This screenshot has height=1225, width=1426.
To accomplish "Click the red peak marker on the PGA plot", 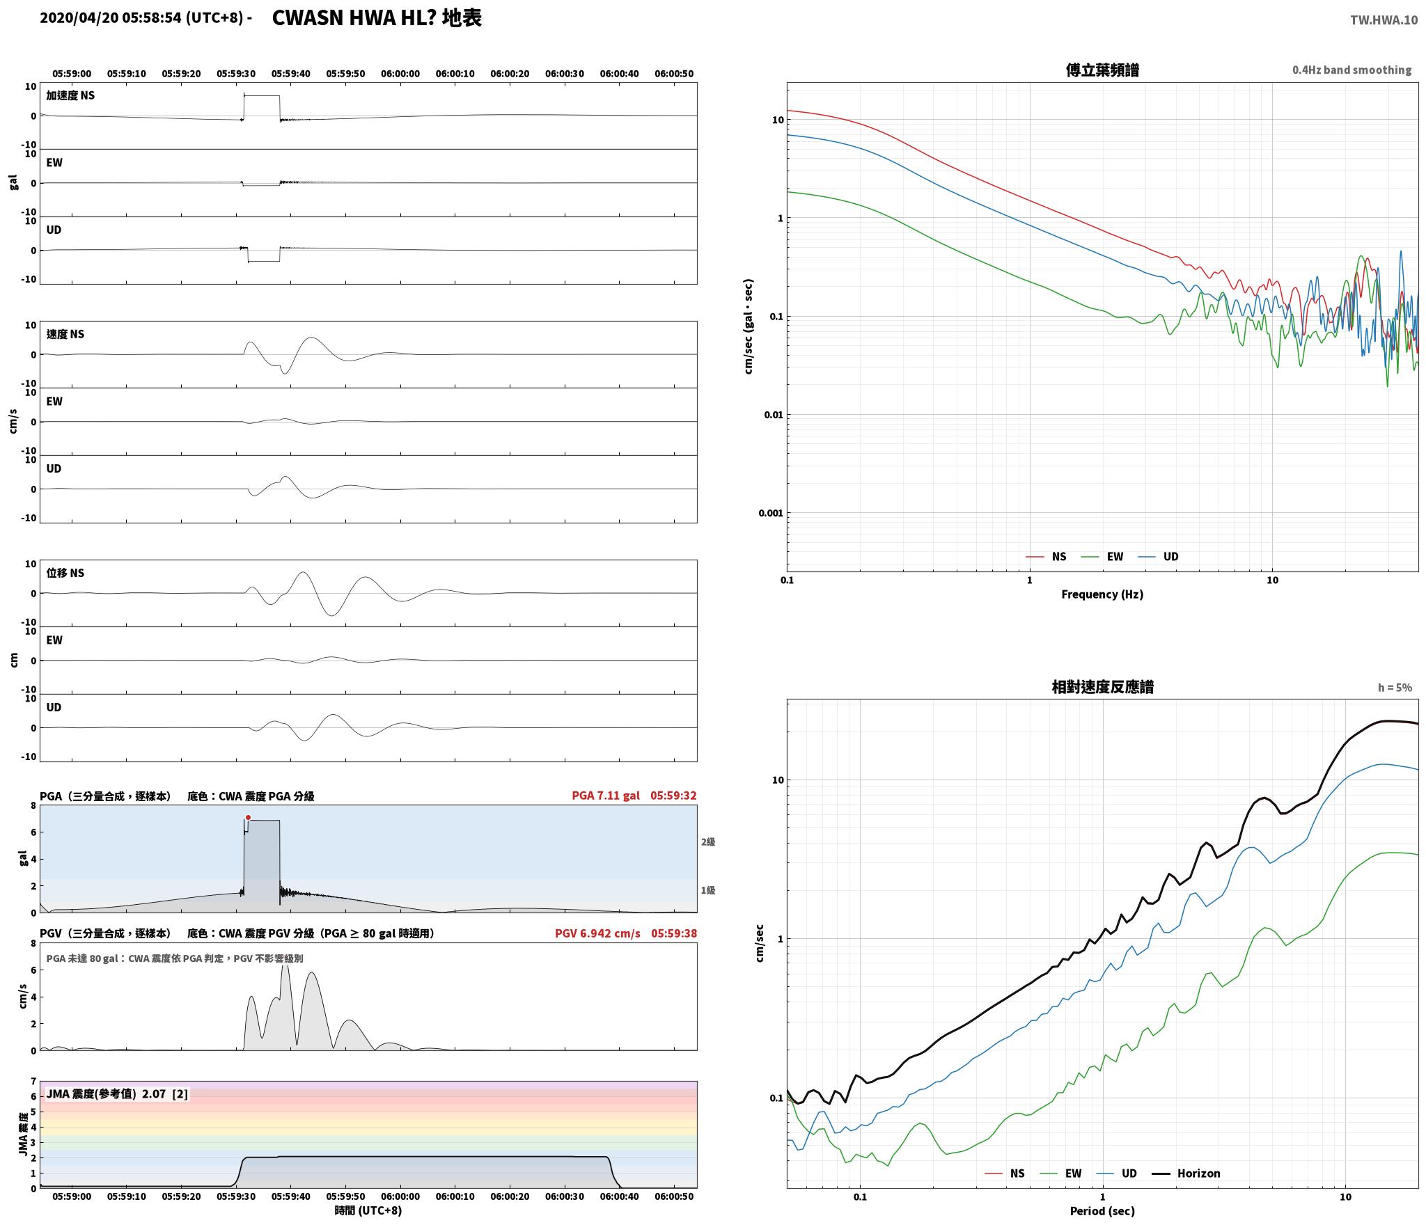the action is (248, 818).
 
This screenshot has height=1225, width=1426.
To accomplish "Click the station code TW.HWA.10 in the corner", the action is (1384, 20).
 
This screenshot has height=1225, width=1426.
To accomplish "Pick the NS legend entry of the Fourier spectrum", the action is (1046, 557).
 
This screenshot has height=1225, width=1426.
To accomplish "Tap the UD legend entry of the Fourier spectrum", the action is (1158, 557).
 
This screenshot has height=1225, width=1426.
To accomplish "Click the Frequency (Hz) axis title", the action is (1102, 594).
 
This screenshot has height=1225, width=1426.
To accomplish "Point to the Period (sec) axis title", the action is (1102, 1211).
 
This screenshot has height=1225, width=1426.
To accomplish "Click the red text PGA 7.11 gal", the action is (606, 796).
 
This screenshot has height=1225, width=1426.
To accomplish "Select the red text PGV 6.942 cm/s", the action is (597, 933).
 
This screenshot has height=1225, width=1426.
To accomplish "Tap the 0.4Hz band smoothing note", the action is (1352, 70).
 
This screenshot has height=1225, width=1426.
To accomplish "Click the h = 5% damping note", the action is (1395, 688).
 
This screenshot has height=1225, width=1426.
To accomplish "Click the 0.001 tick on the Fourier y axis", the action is (770, 513).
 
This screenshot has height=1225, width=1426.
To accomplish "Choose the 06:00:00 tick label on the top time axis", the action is (400, 74).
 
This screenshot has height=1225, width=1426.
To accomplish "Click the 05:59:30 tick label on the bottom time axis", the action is (236, 1196).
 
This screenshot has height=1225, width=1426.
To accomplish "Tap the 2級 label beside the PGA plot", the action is (708, 842).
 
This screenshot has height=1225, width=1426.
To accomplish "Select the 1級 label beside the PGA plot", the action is (708, 890).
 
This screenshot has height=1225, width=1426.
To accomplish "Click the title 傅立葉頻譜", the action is (1102, 70).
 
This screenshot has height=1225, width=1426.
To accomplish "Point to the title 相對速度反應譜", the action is (1102, 687).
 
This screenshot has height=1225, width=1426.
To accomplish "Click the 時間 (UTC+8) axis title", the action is (368, 1211).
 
